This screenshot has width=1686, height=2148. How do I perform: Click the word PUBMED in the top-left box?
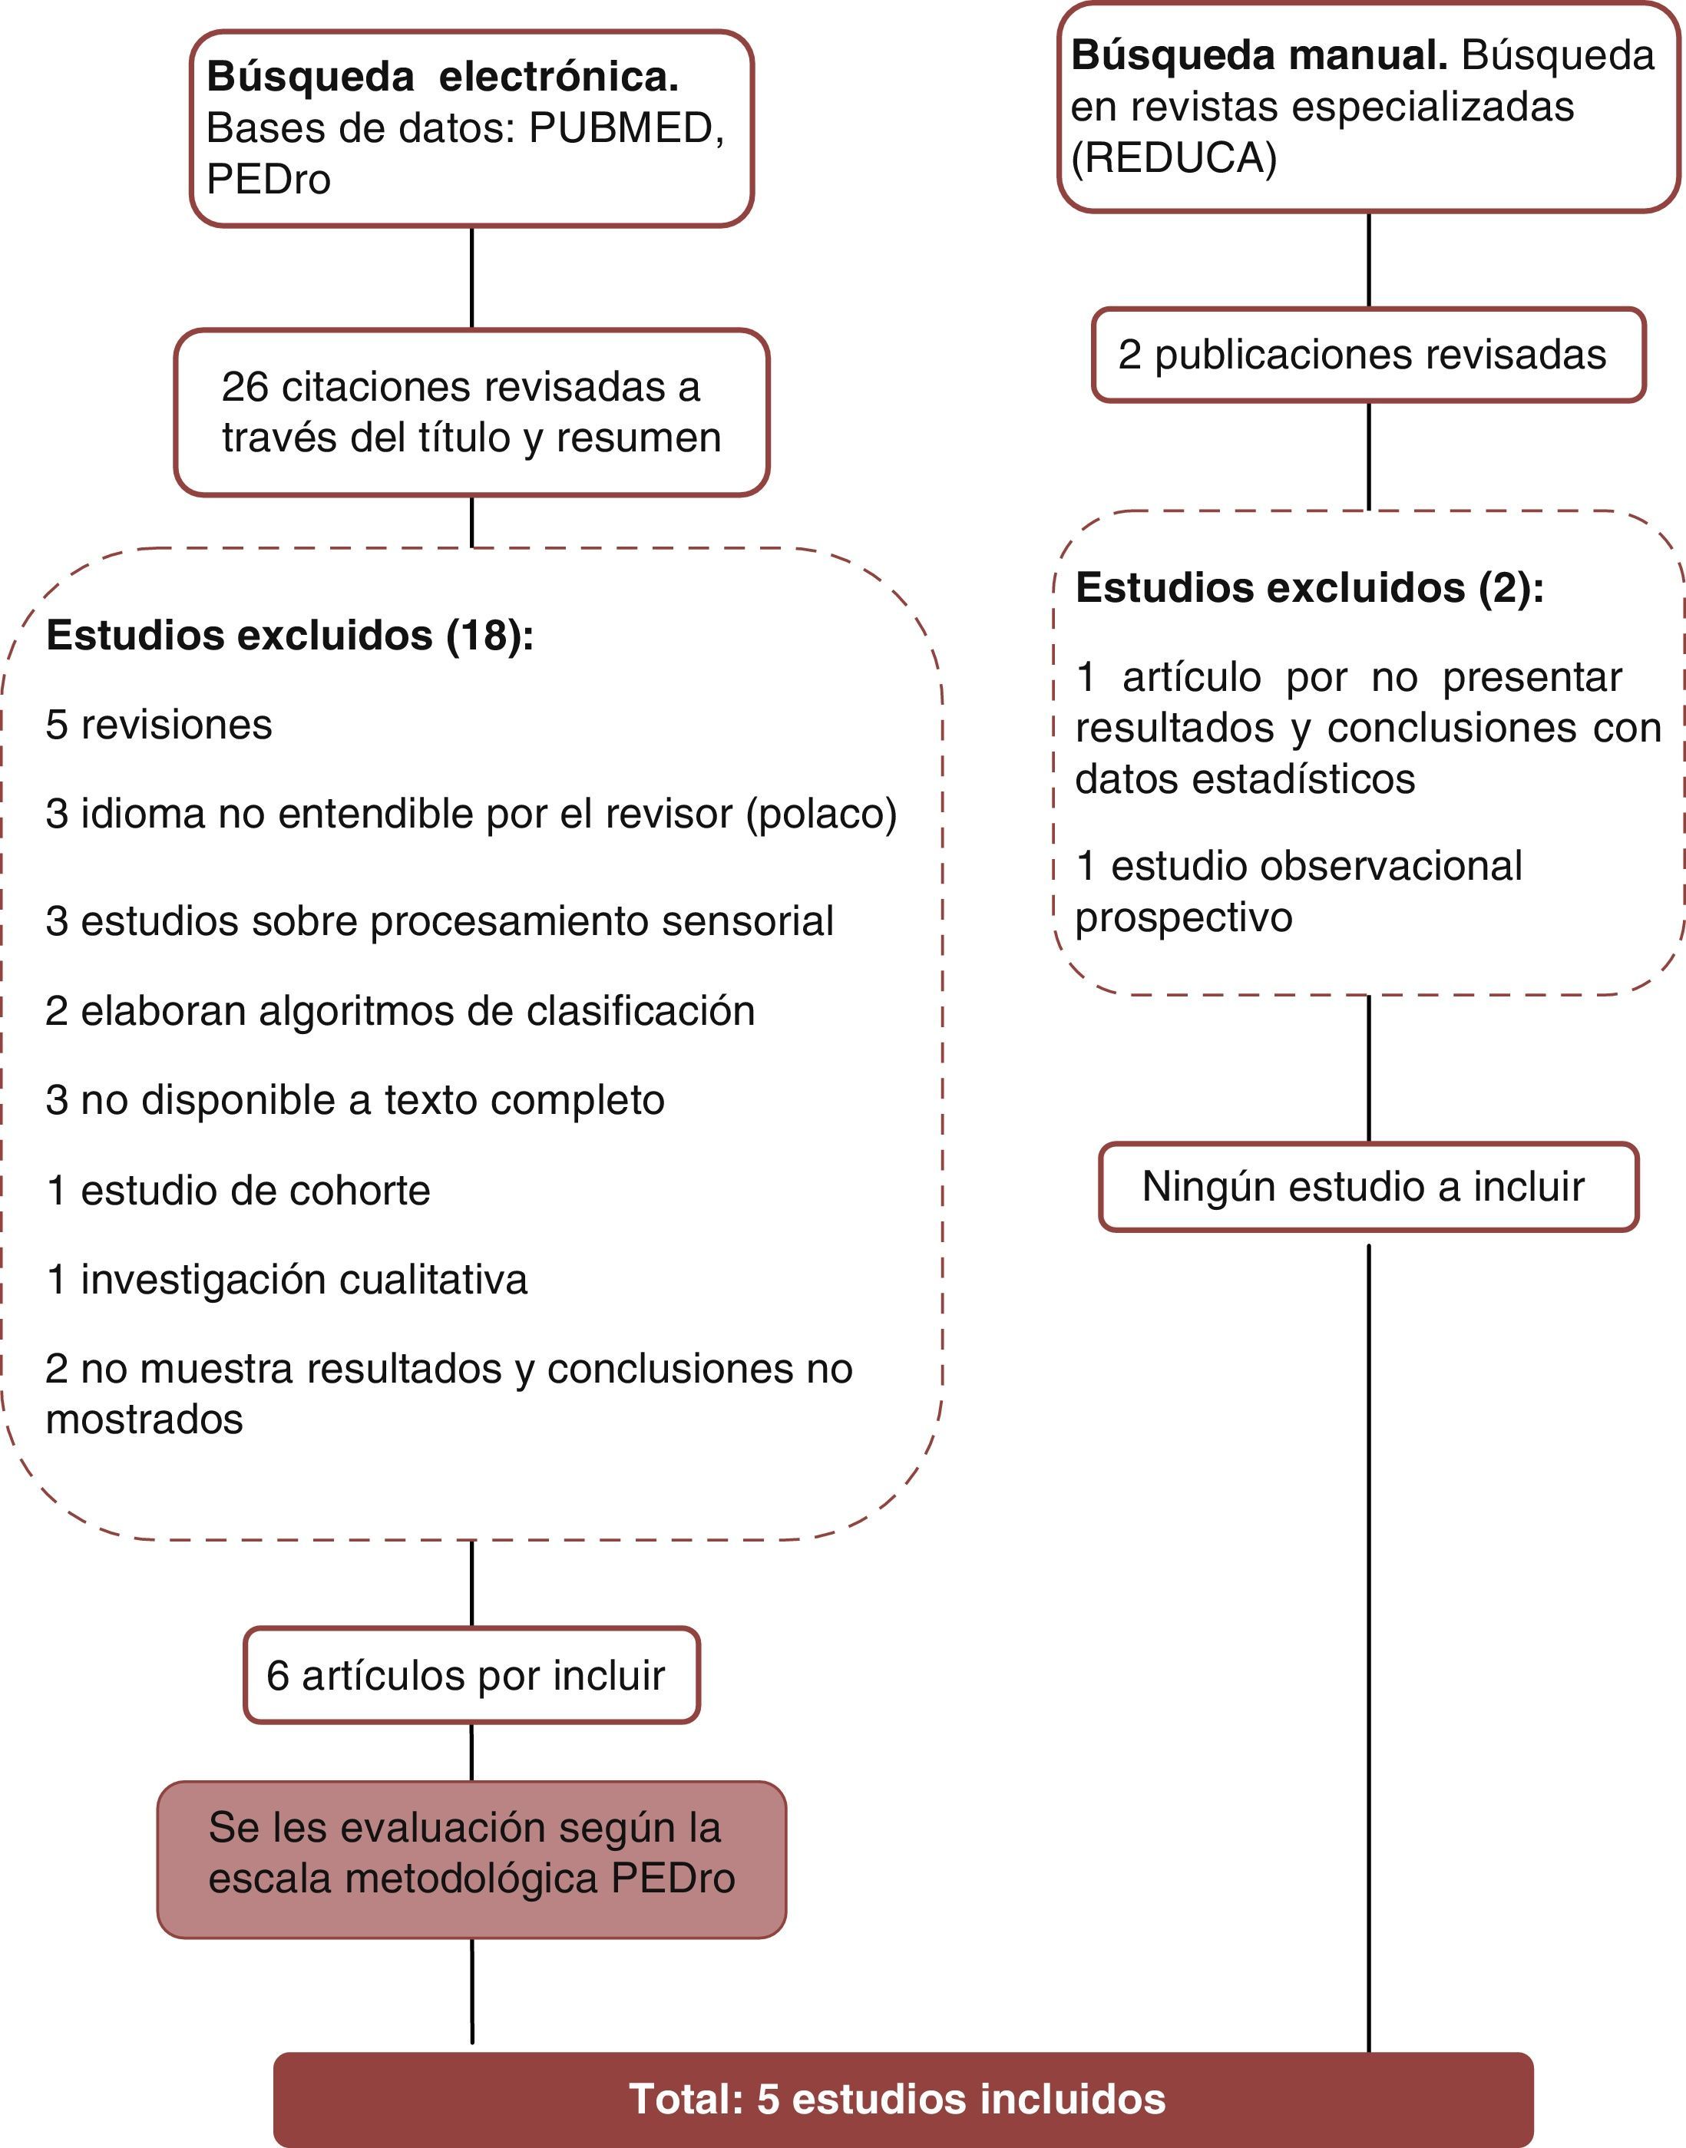pyautogui.click(x=621, y=128)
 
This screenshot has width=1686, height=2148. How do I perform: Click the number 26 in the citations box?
pyautogui.click(x=245, y=387)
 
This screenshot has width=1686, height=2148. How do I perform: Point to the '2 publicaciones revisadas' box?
pyautogui.click(x=1367, y=355)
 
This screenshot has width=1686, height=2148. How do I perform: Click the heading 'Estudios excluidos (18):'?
pyautogui.click(x=289, y=636)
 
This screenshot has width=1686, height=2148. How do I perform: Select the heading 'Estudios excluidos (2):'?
pyautogui.click(x=1309, y=588)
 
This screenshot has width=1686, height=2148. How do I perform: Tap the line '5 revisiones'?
pyautogui.click(x=159, y=725)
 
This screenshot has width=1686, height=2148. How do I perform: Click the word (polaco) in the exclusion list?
pyautogui.click(x=822, y=815)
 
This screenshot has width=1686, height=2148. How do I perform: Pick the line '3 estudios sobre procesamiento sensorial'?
pyautogui.click(x=439, y=922)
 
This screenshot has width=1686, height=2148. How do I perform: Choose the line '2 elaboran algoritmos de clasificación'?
pyautogui.click(x=400, y=1012)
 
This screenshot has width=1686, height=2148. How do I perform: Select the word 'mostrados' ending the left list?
pyautogui.click(x=144, y=1420)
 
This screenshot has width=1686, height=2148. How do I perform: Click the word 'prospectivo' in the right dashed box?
pyautogui.click(x=1184, y=918)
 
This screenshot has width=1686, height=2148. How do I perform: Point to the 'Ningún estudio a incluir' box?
pyautogui.click(x=1368, y=1187)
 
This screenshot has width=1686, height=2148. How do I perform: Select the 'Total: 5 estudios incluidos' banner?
pyautogui.click(x=902, y=2100)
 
